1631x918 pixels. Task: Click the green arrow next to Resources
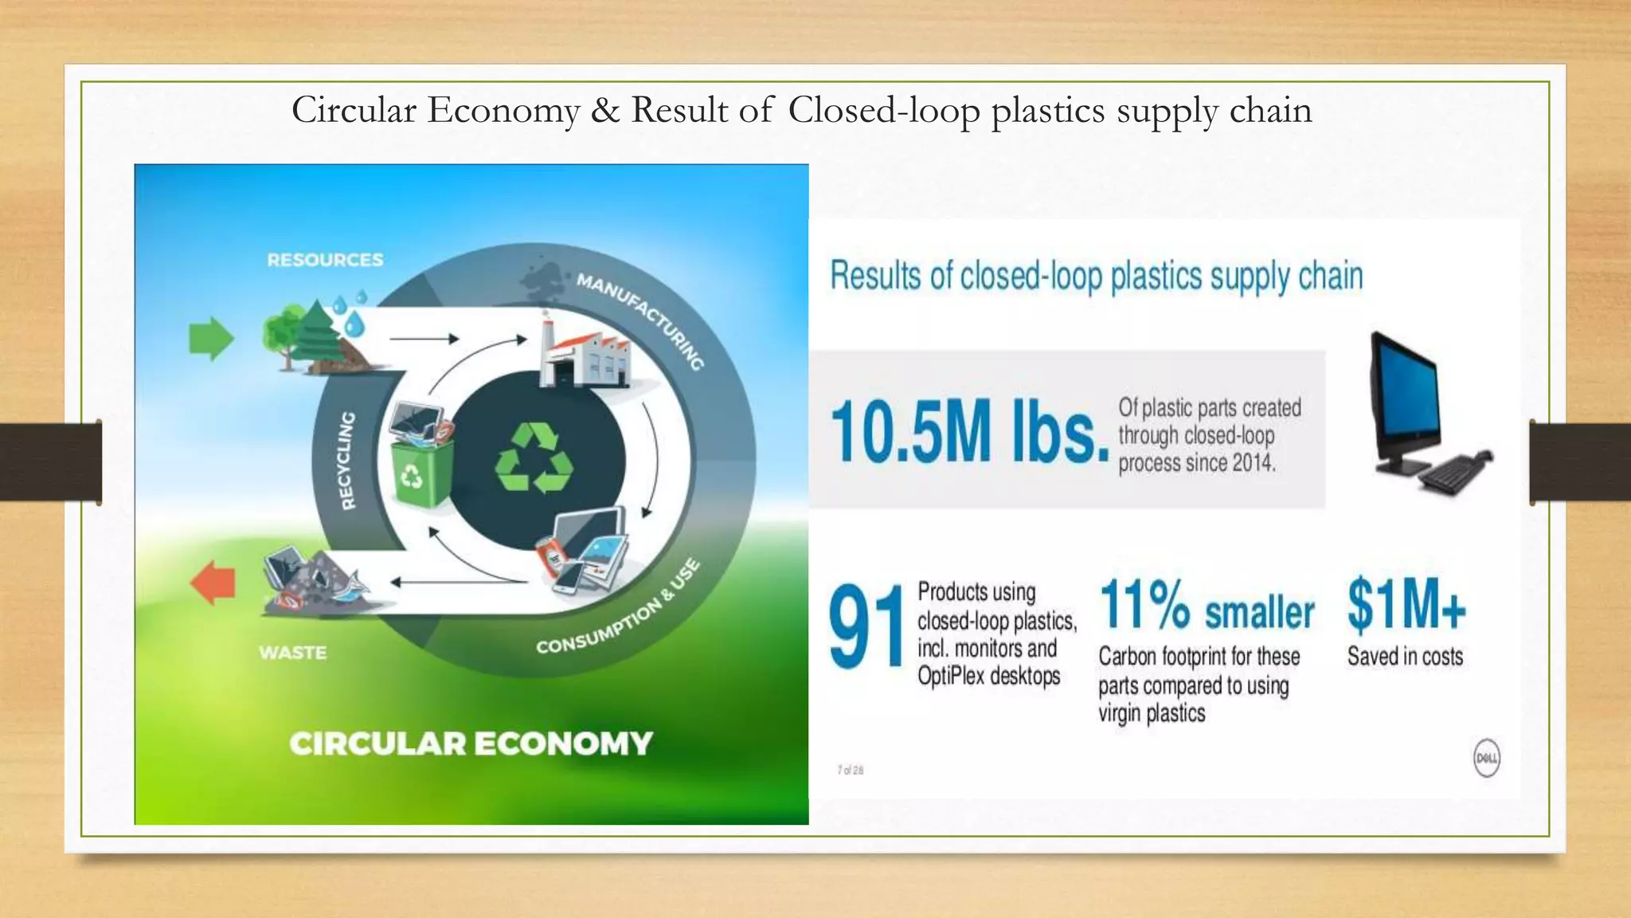tap(211, 339)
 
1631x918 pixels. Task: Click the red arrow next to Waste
tap(213, 583)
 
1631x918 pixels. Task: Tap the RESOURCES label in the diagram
tap(325, 260)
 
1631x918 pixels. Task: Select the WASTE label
tap(292, 653)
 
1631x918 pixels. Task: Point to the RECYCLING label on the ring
tap(347, 461)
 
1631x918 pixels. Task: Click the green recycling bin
tap(421, 474)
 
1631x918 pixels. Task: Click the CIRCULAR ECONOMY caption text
tap(471, 743)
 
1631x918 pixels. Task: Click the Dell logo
tap(1486, 758)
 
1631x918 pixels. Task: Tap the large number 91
tap(866, 626)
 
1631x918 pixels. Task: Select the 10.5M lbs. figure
tap(969, 431)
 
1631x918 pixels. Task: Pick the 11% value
tap(1144, 605)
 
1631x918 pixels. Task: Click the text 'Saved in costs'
tap(1405, 657)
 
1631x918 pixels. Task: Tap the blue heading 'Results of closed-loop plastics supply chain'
tap(1096, 276)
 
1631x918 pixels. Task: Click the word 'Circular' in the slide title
tap(354, 110)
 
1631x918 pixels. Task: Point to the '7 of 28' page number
tap(850, 770)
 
